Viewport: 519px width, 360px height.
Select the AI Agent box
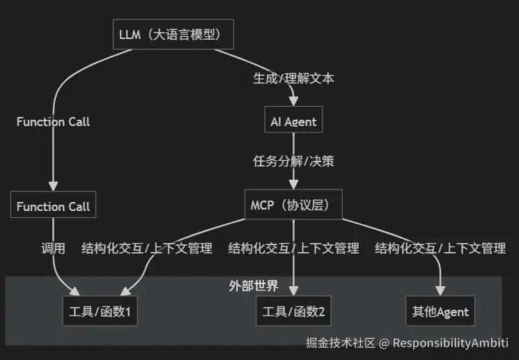click(x=293, y=122)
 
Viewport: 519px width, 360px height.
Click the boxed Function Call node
click(x=53, y=206)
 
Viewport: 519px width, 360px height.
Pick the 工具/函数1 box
click(x=100, y=311)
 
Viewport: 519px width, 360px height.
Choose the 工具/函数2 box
click(x=293, y=311)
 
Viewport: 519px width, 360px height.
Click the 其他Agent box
click(x=440, y=311)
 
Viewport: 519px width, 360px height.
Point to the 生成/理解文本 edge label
click(x=293, y=78)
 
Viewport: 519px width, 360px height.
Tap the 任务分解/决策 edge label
click(x=293, y=162)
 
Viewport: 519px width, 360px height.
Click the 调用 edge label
click(x=53, y=248)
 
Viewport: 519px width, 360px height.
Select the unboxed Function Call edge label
click(x=53, y=122)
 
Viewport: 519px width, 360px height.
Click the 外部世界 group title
click(x=254, y=285)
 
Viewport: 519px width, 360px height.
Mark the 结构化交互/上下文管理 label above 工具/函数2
click(x=293, y=248)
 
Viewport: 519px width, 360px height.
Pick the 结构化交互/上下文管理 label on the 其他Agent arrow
click(x=440, y=248)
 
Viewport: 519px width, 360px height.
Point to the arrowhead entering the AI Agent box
click(x=293, y=103)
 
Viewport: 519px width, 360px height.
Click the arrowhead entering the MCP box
click(x=293, y=185)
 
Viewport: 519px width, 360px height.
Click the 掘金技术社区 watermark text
click(x=341, y=343)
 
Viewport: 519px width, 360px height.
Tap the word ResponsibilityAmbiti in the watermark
click(x=451, y=343)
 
